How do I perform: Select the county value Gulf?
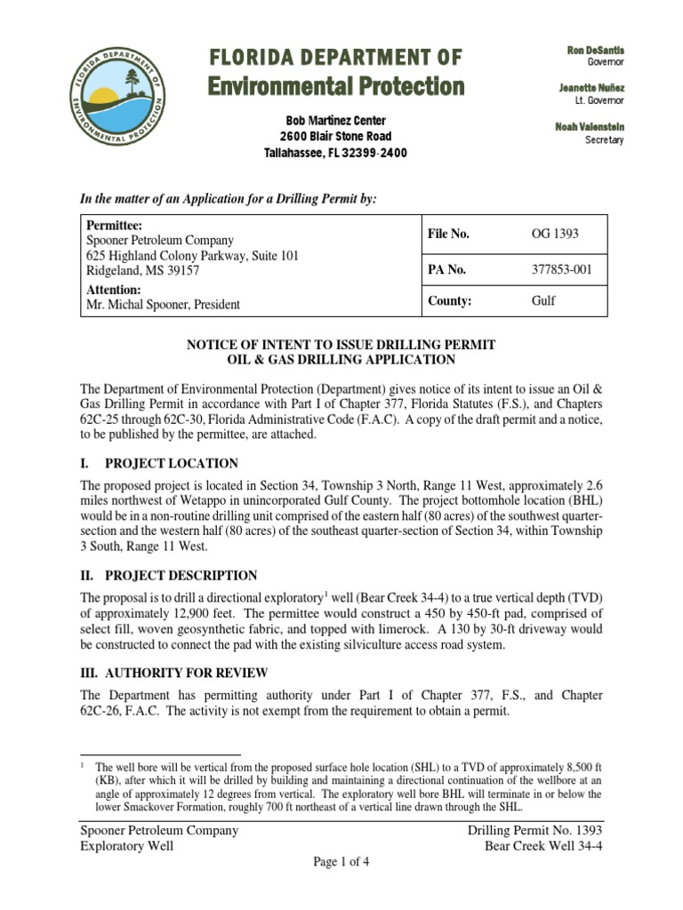click(x=543, y=300)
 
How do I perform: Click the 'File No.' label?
click(x=449, y=234)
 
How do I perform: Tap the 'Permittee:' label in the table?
click(x=113, y=227)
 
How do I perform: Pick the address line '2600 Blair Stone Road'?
click(x=335, y=137)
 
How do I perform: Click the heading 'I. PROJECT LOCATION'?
click(x=159, y=463)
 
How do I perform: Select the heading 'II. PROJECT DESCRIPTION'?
click(x=169, y=575)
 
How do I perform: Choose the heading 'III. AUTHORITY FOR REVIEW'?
click(x=173, y=673)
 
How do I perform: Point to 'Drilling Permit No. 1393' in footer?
click(x=535, y=830)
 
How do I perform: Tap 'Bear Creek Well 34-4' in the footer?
click(x=543, y=845)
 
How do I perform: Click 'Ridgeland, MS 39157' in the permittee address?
click(x=141, y=269)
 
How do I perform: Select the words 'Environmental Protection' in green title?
click(x=335, y=86)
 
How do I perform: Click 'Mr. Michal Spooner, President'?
click(x=162, y=304)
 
